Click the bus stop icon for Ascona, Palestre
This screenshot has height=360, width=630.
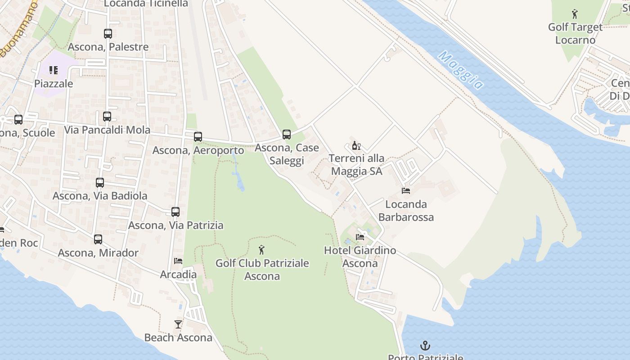(108, 33)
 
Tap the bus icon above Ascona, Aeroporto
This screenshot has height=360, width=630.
(198, 137)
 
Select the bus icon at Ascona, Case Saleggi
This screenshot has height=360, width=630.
(287, 134)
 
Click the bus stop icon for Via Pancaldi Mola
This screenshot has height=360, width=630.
(107, 117)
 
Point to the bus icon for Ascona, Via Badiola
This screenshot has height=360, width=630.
(100, 183)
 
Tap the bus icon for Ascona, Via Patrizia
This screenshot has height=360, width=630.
(175, 211)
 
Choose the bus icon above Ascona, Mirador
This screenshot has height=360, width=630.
(98, 239)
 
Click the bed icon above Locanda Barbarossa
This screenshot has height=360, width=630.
(406, 191)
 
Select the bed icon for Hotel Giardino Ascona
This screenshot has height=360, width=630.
(360, 237)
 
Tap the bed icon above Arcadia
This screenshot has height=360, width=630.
(178, 261)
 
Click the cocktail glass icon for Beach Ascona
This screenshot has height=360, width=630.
(178, 324)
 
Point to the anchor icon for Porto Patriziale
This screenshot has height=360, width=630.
(425, 346)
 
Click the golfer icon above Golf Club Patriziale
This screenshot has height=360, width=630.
(261, 250)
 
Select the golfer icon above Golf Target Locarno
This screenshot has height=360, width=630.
(575, 14)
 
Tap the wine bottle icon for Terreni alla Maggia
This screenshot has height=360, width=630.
(356, 145)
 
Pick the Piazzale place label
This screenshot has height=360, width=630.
(54, 84)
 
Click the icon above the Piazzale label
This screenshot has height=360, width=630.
(54, 70)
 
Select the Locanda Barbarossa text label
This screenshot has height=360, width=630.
(406, 211)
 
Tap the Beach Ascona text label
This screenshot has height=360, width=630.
(178, 337)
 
